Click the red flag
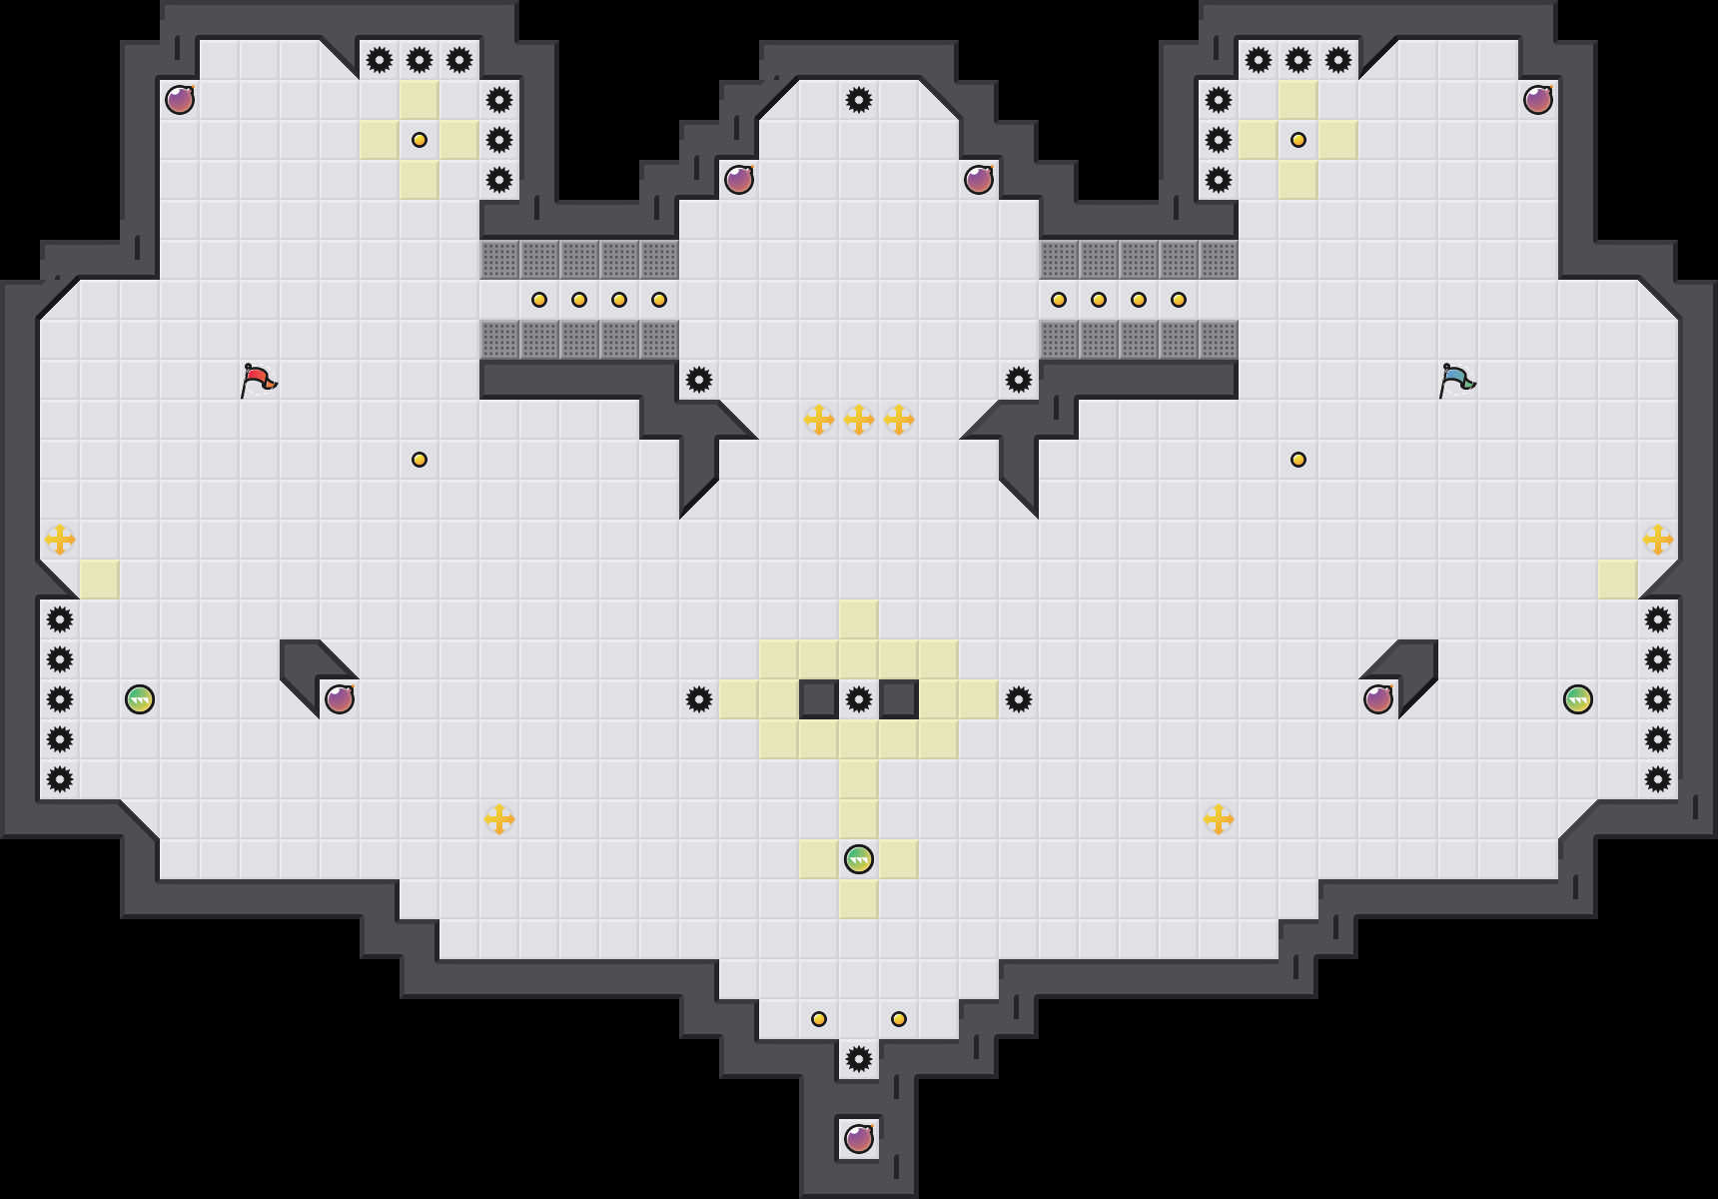258,380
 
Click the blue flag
1456,380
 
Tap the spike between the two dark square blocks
859,699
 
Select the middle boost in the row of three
859,420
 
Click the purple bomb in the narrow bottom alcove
859,1139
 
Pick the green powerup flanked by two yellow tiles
859,859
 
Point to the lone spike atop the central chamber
859,100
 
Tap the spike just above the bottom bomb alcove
859,1059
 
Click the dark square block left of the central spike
819,699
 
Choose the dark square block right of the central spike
899,699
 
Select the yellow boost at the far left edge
60,540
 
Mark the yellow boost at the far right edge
1658,540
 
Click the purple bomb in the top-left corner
180,100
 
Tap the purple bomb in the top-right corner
1538,100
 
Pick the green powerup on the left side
140,699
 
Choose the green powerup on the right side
1578,699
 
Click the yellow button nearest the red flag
420,460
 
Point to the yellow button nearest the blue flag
1298,460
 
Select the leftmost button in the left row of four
539,300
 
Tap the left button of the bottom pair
819,1019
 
